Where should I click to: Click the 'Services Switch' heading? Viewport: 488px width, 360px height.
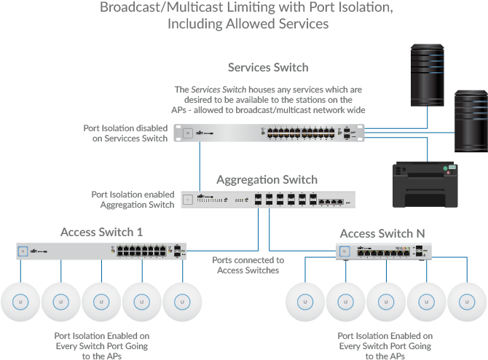[268, 68]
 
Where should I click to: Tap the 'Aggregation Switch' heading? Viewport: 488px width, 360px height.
[267, 179]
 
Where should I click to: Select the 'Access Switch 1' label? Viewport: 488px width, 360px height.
[101, 232]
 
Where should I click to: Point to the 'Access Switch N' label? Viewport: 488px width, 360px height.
[382, 233]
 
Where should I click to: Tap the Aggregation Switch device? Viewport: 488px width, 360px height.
[267, 200]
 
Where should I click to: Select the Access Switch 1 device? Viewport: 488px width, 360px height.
[101, 251]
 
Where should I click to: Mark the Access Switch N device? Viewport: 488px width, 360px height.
[383, 251]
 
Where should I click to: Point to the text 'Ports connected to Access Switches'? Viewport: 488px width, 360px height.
[248, 265]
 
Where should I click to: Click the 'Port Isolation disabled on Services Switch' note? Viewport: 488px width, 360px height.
[125, 133]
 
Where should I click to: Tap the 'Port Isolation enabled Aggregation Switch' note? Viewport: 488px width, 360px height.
[133, 200]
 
